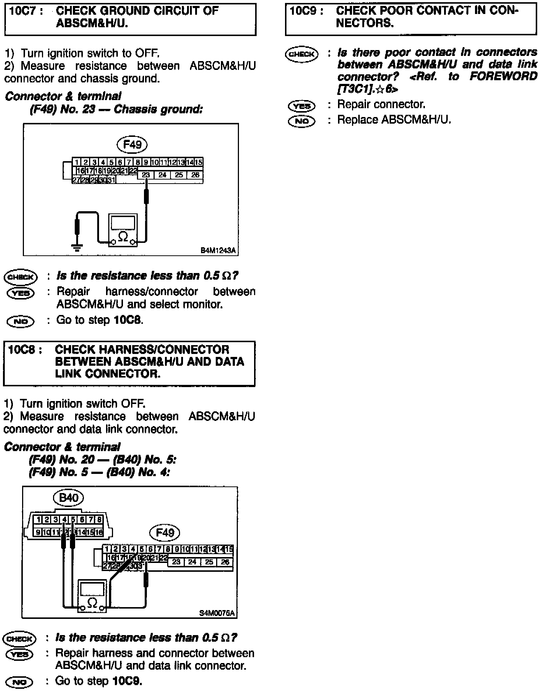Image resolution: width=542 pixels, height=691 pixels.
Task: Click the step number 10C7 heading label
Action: (25, 11)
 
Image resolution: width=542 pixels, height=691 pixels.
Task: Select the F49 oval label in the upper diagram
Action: (132, 144)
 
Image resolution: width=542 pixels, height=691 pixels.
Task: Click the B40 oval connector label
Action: (68, 498)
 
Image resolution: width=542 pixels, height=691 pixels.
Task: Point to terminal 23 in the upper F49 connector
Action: (146, 175)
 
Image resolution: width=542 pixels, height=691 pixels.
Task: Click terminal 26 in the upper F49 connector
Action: (195, 175)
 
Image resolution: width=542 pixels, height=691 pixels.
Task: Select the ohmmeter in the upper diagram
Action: (123, 230)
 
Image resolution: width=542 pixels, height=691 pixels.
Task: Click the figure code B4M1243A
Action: (218, 251)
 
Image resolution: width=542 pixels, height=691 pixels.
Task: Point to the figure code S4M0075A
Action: (217, 613)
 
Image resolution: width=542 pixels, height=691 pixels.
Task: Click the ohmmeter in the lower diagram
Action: (92, 596)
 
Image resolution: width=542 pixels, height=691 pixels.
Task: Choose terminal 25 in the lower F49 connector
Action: (209, 562)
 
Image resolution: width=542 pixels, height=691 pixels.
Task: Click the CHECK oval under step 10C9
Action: (302, 54)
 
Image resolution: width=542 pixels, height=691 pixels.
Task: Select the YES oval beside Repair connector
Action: (302, 106)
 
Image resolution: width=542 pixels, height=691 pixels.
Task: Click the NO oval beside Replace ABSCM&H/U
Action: (302, 121)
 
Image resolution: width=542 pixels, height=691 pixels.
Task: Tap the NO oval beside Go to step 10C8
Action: (21, 321)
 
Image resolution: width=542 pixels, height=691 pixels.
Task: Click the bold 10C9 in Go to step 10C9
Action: (127, 681)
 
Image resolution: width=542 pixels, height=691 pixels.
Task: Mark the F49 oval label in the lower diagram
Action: (165, 532)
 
